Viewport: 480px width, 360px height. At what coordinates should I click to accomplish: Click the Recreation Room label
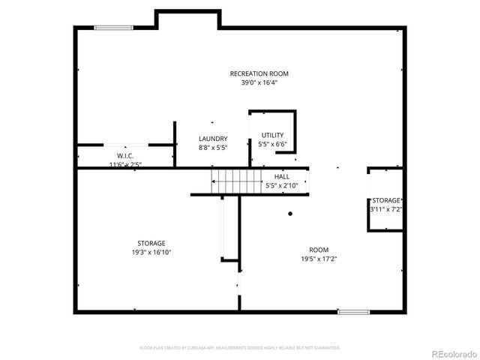click(x=259, y=73)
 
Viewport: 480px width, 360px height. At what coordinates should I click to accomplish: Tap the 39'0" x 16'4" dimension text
click(x=259, y=83)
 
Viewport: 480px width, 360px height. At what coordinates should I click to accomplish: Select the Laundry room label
click(x=213, y=139)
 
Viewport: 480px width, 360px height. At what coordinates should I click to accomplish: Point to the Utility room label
click(x=272, y=135)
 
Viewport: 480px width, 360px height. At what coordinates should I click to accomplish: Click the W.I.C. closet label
click(x=125, y=155)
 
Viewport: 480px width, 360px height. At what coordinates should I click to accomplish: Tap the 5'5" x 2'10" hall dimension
click(x=281, y=185)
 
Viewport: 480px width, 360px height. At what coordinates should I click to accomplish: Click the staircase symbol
click(x=228, y=181)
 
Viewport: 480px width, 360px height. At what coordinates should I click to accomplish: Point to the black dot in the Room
click(x=290, y=213)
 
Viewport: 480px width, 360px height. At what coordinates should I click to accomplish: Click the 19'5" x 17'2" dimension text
click(x=319, y=259)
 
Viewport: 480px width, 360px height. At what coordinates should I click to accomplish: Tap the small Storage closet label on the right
click(x=386, y=200)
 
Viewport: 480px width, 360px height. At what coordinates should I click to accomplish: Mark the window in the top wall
click(x=112, y=28)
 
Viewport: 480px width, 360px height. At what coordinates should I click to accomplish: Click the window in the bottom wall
click(x=353, y=311)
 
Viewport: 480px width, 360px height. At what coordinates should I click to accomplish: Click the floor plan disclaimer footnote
click(x=240, y=348)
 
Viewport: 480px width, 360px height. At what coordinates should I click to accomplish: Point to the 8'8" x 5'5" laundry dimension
click(x=213, y=148)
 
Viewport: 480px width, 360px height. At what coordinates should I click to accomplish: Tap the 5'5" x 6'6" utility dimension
click(x=272, y=144)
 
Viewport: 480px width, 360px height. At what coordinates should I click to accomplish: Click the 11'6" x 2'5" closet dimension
click(x=125, y=164)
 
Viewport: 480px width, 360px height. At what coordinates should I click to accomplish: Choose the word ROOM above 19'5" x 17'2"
click(x=319, y=250)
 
